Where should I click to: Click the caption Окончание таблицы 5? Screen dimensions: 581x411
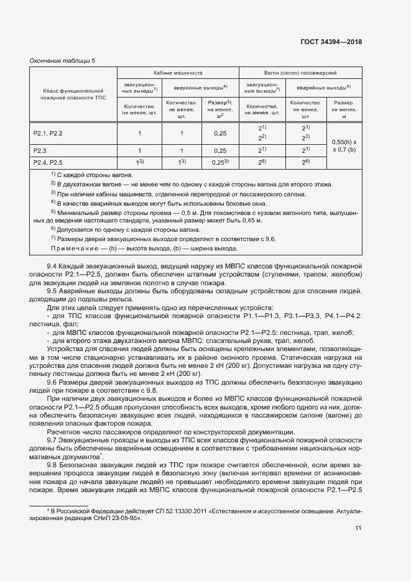tap(63, 60)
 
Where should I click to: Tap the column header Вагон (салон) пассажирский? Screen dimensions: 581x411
tap(300, 72)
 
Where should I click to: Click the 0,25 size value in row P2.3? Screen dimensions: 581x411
tap(219, 150)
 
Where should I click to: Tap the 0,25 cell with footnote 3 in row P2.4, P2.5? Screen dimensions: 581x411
tap(219, 162)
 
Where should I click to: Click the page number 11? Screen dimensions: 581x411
tap(358, 528)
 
